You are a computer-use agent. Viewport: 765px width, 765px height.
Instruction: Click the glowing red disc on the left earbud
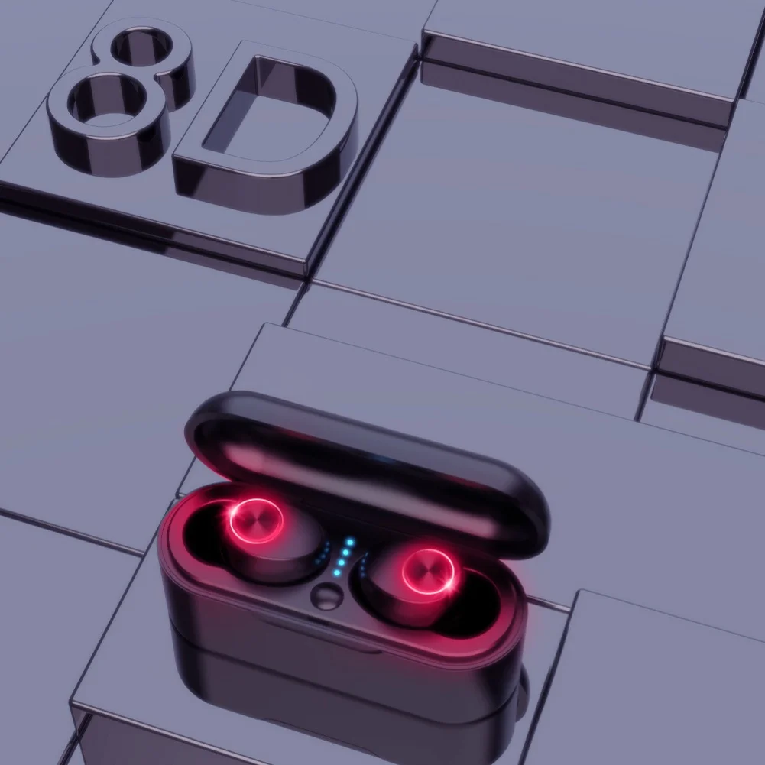pyautogui.click(x=257, y=521)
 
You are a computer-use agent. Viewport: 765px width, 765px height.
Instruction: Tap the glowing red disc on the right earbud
pyautogui.click(x=429, y=572)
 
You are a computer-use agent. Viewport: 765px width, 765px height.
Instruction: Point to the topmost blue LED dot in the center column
pyautogui.click(x=350, y=542)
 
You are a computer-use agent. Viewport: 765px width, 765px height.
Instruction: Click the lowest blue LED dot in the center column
pyautogui.click(x=336, y=572)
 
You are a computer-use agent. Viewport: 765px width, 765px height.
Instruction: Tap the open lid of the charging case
pyautogui.click(x=366, y=468)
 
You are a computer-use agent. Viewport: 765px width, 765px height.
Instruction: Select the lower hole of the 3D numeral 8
pyautogui.click(x=106, y=101)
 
